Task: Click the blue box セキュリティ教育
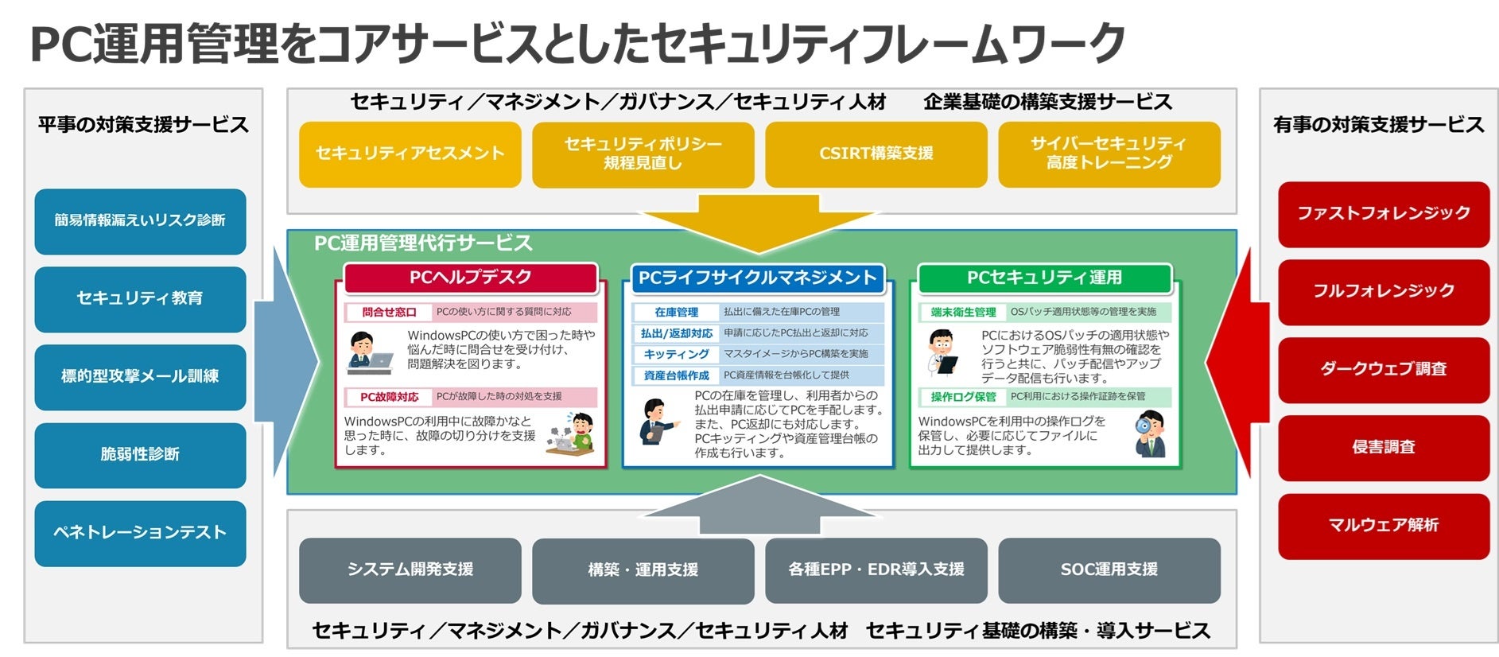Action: tap(140, 298)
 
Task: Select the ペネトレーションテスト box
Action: tap(140, 533)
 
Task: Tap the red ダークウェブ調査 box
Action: tap(1383, 369)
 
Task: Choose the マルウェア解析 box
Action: tap(1383, 526)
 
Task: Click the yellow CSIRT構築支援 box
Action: tap(876, 154)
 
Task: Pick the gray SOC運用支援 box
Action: tap(1109, 570)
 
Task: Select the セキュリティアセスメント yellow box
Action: tap(410, 154)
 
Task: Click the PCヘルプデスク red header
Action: tap(470, 278)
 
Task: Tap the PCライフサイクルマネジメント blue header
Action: tap(757, 278)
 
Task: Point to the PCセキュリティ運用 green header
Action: tap(1044, 278)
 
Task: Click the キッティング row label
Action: tap(676, 354)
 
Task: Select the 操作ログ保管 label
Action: tap(963, 397)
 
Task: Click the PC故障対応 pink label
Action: tap(389, 397)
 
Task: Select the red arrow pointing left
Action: tap(1231, 362)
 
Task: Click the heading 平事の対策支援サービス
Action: tap(143, 125)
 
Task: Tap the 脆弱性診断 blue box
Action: tap(140, 455)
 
